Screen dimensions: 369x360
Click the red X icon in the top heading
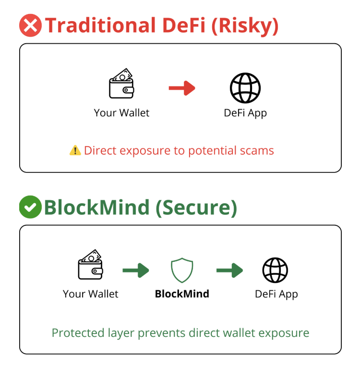pos(31,25)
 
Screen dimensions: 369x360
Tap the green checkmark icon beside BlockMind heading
pos(30,207)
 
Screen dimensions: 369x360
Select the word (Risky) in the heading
pos(245,25)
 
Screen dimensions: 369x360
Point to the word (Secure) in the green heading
pos(196,207)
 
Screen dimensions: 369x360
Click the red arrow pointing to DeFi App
pos(182,88)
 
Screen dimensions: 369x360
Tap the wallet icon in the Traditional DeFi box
pos(121,84)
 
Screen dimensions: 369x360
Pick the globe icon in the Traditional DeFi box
pos(245,88)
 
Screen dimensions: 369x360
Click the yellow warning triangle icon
pos(75,150)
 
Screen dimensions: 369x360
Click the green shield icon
pos(182,270)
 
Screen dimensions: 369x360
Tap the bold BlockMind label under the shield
pos(182,294)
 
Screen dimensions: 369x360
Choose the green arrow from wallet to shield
pos(136,270)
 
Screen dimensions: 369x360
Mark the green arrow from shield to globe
pos(229,270)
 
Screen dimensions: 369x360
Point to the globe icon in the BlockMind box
pos(275,270)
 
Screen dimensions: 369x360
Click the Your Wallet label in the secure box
pos(91,294)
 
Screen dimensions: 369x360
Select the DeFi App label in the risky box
pos(245,113)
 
